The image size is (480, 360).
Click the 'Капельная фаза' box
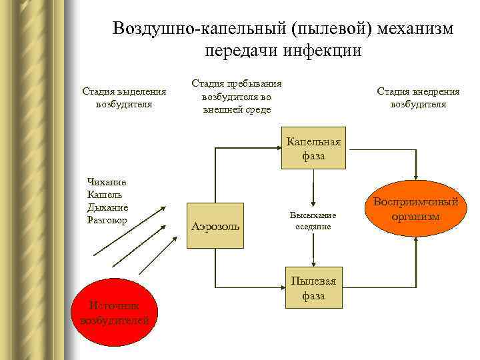(x=313, y=148)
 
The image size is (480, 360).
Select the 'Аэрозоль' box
(x=216, y=227)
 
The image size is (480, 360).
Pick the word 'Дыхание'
(x=107, y=206)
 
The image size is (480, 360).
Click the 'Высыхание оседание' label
(x=313, y=221)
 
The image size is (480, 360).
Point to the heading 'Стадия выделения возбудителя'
(x=124, y=97)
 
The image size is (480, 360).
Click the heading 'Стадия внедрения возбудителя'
(x=418, y=97)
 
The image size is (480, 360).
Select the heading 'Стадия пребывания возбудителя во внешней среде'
(x=237, y=97)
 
